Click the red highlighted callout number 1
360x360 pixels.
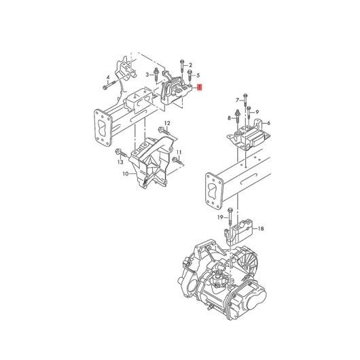click(200, 87)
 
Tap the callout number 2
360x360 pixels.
click(190, 65)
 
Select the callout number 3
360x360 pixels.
click(147, 75)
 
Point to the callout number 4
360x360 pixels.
click(108, 77)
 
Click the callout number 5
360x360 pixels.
click(198, 75)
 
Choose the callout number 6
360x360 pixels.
click(268, 123)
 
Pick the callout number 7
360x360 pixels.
click(238, 100)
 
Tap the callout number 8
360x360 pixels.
click(229, 118)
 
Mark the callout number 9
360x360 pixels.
click(257, 112)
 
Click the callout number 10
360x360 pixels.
click(126, 174)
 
